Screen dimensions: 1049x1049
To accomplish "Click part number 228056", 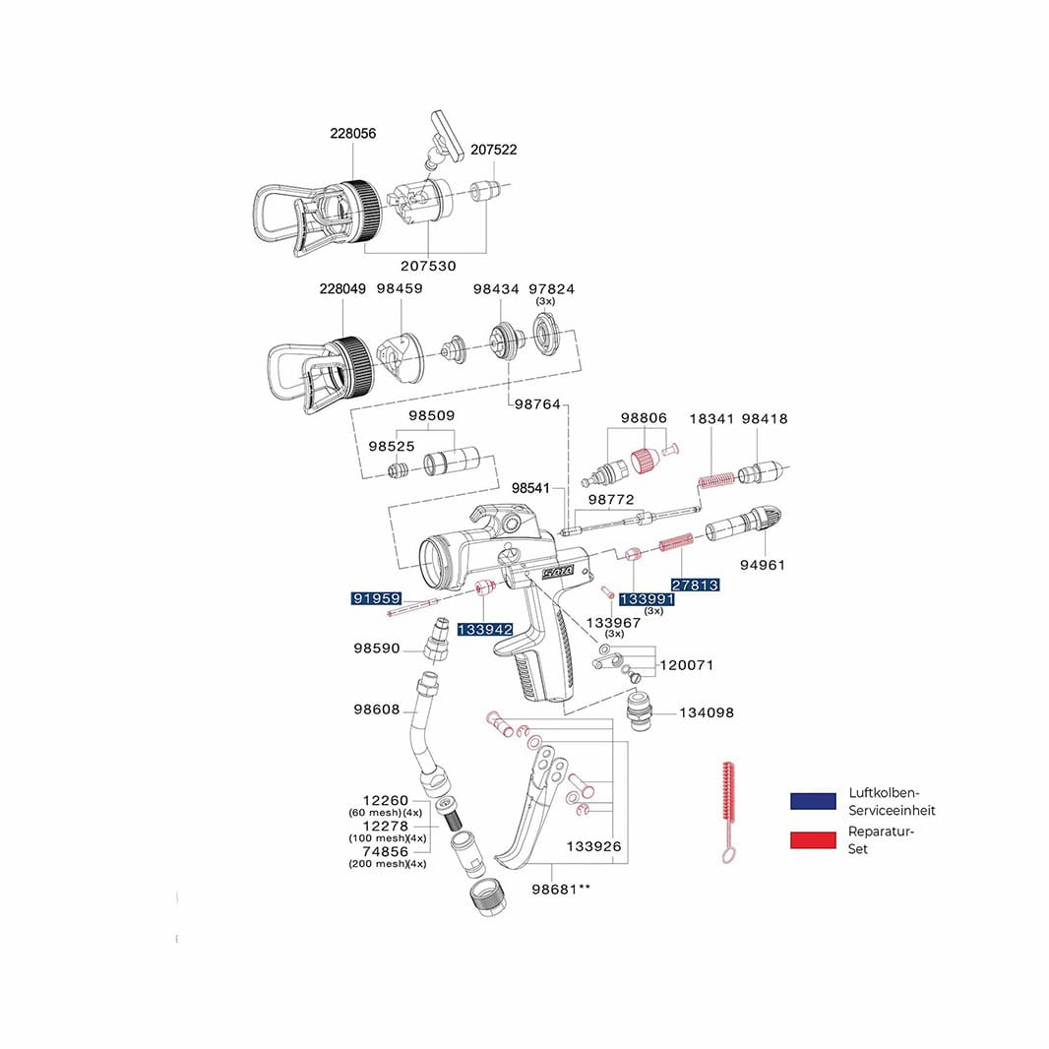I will tap(352, 134).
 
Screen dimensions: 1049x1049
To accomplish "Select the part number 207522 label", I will tap(493, 150).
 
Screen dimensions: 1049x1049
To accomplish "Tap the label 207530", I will tap(428, 266).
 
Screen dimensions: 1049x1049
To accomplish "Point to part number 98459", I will tap(399, 289).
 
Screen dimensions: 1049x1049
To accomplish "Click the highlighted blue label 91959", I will tap(377, 597).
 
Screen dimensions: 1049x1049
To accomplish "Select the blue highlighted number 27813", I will tap(695, 585).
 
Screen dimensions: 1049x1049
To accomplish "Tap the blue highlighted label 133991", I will tap(646, 598).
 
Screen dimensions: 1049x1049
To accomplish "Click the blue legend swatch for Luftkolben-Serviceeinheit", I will tap(813, 801).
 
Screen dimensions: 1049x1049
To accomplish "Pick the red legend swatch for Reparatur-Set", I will tap(813, 839).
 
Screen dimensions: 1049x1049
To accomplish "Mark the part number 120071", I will tap(687, 665).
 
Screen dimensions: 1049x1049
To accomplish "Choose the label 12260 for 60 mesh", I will tap(385, 800).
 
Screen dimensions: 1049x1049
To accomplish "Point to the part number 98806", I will tap(644, 418).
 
